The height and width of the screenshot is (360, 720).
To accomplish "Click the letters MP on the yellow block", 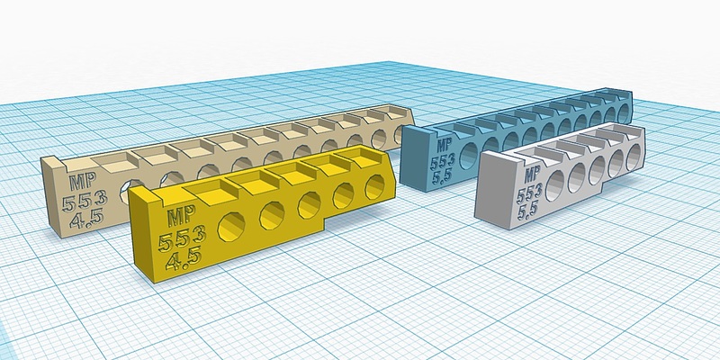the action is [182, 215].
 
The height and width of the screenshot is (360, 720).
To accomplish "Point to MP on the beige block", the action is [83, 181].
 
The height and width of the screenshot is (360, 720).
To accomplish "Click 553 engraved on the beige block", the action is [85, 201].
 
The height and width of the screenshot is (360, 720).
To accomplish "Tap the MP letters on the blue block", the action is [444, 145].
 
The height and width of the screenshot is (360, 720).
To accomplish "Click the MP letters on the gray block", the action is [532, 175].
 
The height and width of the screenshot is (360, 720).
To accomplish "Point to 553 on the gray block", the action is [529, 194].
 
